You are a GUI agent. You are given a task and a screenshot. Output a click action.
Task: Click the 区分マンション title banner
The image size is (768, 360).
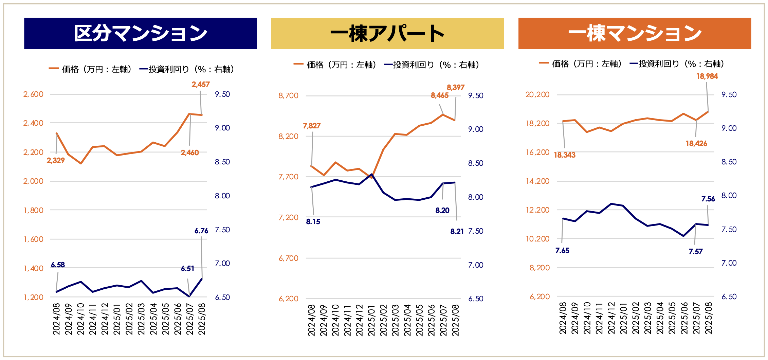pos(140,33)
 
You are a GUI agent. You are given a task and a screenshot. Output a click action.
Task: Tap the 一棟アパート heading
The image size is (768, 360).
pos(387,33)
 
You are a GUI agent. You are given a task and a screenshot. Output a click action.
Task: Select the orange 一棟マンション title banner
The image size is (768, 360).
pos(635,33)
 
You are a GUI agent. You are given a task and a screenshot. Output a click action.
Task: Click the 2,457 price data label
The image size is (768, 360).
pos(201,84)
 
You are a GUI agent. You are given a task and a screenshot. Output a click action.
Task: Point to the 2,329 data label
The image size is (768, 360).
pos(56,160)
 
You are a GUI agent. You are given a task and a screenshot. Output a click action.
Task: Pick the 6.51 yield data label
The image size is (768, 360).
pos(187,269)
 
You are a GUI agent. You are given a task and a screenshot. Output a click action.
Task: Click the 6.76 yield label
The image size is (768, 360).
pos(201,231)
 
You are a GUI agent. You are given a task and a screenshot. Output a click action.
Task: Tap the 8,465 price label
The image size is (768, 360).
pos(440,95)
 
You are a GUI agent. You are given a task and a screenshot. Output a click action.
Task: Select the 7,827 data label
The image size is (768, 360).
pos(312,126)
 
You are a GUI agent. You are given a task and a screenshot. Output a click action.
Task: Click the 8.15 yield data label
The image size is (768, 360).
pos(313,222)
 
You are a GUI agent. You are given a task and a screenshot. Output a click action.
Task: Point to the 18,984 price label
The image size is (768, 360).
pos(707,76)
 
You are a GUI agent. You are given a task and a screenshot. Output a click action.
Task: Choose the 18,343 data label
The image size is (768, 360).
pos(565,155)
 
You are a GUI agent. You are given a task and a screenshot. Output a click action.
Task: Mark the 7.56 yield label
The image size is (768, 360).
pos(708,199)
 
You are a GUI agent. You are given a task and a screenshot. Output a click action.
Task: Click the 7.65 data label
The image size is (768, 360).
pos(562,251)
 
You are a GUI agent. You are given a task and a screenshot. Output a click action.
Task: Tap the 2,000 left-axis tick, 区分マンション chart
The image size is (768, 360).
pos(33,181)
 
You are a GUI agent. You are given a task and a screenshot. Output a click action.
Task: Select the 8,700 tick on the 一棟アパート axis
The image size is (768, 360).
pos(288,95)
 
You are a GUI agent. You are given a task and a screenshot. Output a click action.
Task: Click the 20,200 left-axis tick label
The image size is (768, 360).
pos(537,94)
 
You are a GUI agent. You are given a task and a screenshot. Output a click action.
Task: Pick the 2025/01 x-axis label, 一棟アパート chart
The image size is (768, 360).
pos(372,320)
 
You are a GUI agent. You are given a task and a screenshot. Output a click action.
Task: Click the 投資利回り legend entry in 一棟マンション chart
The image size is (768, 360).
pos(677,64)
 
